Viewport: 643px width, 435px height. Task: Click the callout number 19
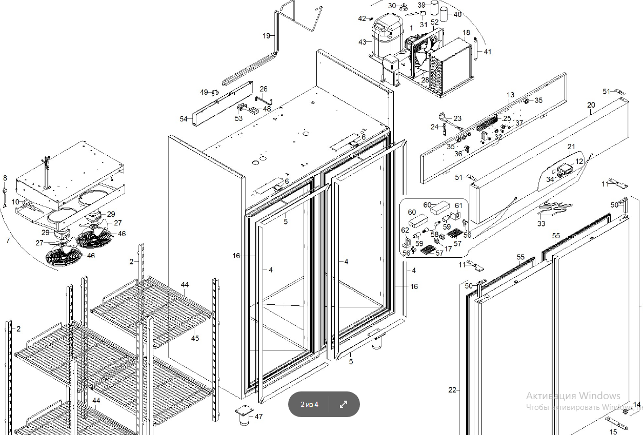266,36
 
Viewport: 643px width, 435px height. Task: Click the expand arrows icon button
344,404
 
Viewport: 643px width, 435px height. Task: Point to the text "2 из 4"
309,405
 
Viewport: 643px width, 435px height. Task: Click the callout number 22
452,390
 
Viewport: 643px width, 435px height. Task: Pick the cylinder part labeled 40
444,14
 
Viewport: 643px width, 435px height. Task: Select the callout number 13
510,95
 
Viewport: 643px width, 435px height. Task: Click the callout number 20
591,106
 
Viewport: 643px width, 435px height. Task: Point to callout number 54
184,119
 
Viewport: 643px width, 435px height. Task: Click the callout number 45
195,338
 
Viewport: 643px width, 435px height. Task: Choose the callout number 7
8,240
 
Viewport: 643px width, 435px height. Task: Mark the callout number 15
613,432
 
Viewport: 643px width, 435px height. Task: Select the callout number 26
264,89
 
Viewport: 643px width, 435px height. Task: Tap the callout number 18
466,33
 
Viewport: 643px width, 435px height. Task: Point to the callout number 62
405,231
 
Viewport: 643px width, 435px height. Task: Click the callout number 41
487,52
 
